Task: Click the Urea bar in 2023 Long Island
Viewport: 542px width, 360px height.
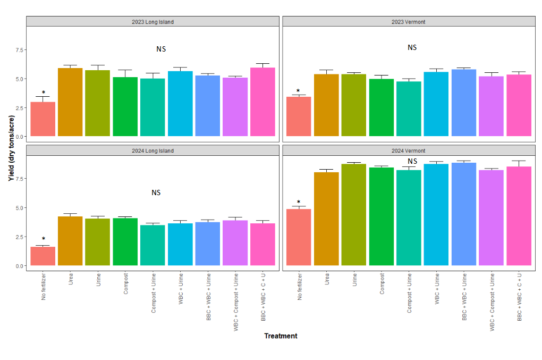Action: pos(70,102)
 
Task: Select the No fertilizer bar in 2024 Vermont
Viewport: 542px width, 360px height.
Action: pos(299,237)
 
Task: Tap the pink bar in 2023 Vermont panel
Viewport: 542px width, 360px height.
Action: pos(519,105)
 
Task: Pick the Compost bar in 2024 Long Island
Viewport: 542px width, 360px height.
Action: pos(125,241)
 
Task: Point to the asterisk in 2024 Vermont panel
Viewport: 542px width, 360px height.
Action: pos(299,203)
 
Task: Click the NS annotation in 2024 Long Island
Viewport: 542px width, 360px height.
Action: pos(156,192)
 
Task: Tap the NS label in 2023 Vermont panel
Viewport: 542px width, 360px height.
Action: pos(412,47)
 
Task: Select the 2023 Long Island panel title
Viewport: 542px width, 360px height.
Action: pos(153,22)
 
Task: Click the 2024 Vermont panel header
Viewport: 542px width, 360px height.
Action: pos(409,150)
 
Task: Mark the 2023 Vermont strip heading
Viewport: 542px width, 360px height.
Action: pos(409,22)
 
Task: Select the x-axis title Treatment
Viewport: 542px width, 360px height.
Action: pos(281,336)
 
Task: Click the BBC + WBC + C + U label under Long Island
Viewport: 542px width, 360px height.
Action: pos(263,296)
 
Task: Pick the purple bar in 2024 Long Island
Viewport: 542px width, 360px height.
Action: pos(235,243)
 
